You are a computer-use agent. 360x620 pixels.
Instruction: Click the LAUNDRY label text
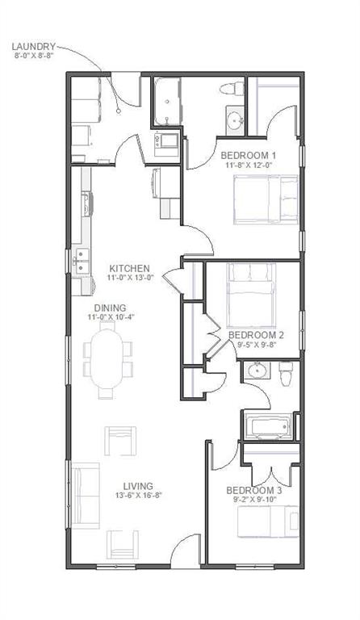(33, 47)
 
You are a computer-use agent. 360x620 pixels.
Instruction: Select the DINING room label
(110, 308)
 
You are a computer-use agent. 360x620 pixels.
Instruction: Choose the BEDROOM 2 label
(256, 334)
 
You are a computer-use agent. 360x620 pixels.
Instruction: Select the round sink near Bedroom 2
(257, 371)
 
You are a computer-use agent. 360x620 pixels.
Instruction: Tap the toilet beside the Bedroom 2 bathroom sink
(285, 374)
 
